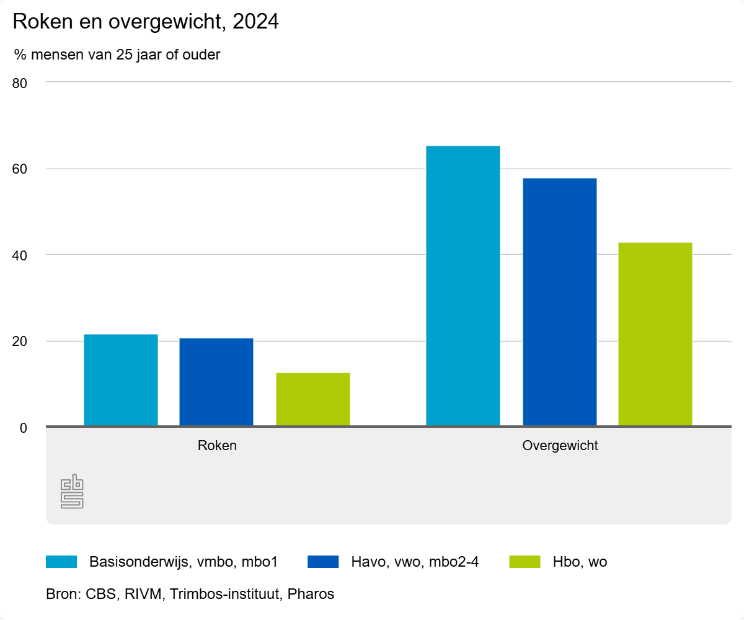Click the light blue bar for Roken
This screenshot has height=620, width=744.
[121, 380]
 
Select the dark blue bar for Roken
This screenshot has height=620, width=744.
[216, 382]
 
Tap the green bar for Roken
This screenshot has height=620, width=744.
[312, 399]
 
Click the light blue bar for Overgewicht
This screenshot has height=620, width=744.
[463, 286]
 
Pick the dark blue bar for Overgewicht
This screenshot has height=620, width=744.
[559, 302]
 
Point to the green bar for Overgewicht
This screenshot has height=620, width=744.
[655, 334]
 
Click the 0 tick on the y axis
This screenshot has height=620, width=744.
[24, 427]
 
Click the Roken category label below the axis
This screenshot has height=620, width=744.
[217, 446]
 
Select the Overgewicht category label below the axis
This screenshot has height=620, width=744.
[560, 446]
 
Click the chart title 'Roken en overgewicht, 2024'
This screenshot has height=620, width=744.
[146, 22]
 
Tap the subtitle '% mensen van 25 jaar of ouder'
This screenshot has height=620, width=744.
[117, 55]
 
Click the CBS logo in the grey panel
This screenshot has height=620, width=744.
[72, 492]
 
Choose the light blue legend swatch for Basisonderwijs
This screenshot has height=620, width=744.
[61, 562]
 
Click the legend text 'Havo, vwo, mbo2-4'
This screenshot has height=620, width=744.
[415, 562]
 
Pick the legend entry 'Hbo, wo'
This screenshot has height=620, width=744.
[580, 562]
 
